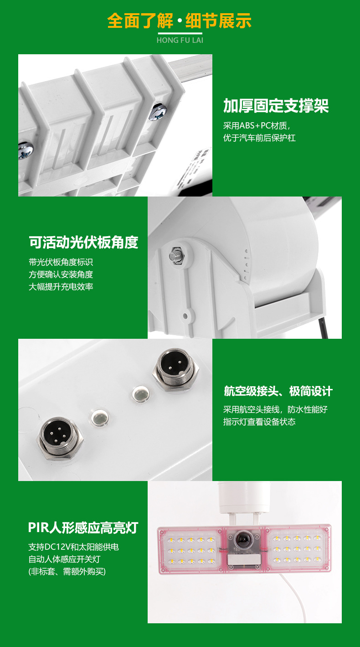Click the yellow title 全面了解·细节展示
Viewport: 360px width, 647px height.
pos(179,21)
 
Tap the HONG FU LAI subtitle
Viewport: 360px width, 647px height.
pos(180,40)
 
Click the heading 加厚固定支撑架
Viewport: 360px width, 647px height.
pos(276,106)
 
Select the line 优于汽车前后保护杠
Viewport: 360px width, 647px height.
pos(259,138)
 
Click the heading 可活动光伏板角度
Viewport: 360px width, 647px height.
pos(83,242)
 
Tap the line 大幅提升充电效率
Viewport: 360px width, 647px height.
pos(61,286)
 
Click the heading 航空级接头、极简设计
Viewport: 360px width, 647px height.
pos(278,391)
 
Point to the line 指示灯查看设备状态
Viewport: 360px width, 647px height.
pos(259,422)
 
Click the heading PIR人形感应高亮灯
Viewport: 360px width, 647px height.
pos(83,528)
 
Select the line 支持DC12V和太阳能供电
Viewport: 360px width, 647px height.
pos(74,547)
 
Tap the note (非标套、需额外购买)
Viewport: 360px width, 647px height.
pos(67,571)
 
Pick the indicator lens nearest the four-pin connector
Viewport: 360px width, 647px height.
pos(100,417)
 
